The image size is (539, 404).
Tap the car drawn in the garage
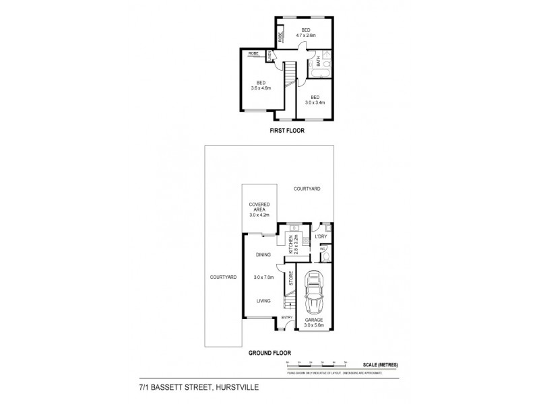coord(314,294)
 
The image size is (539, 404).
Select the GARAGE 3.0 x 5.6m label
coord(314,323)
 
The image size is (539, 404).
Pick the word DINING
coord(263,255)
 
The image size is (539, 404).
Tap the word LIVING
coord(263,302)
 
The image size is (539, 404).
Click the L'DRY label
coord(321,237)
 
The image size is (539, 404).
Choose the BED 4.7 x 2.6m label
coord(306,32)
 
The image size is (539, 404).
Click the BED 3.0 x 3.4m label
coord(315,100)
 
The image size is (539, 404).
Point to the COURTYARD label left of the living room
coord(222,277)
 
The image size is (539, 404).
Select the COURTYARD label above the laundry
coord(307,190)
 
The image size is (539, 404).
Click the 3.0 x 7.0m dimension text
coord(263,277)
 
